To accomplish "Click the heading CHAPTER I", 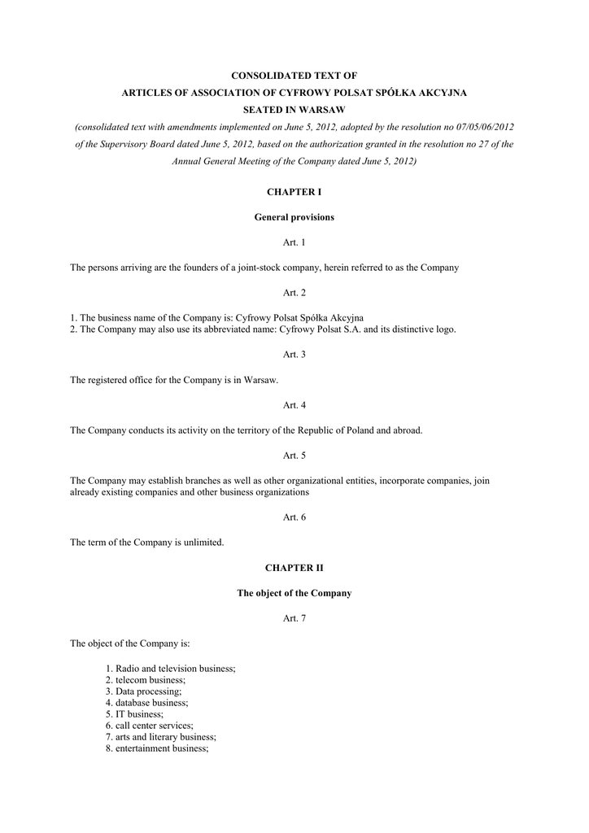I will pos(294,192).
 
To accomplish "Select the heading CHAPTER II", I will pos(294,568).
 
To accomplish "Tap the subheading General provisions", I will pos(294,217).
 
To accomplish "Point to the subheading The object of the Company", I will pos(294,593).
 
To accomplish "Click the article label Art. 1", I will pos(294,242).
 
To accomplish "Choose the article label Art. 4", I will pos(294,405).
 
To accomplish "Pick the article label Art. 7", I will pos(294,618).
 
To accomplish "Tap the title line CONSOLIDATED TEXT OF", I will pos(294,75).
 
